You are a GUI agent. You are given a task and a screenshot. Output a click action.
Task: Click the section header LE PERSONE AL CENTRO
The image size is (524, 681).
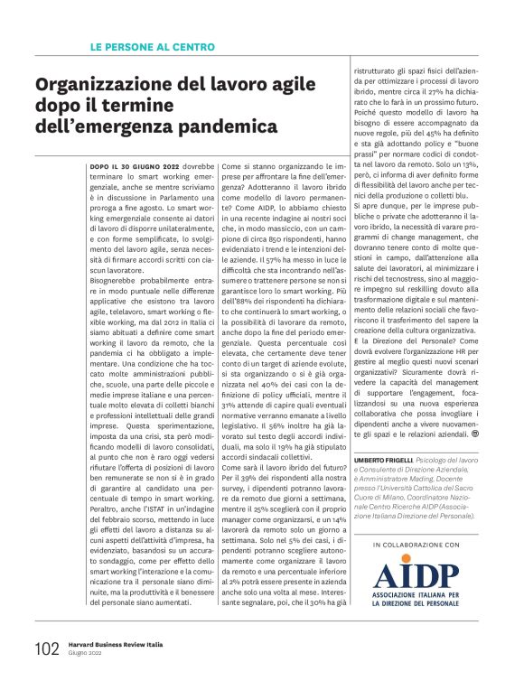click(x=153, y=45)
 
